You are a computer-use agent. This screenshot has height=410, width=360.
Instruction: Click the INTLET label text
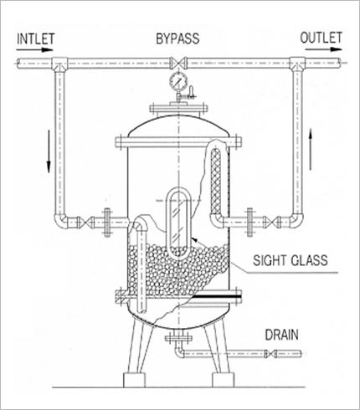pos(35,39)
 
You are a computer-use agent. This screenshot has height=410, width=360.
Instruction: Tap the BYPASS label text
pos(177,38)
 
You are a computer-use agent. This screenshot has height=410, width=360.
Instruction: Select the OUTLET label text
pos(321,38)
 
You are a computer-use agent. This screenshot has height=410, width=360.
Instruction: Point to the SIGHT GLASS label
pos(291,260)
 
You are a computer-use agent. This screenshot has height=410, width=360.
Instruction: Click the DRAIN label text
pos(281,335)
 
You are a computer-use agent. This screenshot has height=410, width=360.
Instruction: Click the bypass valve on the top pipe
pos(178,63)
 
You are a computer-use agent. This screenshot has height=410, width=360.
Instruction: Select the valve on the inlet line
pos(85,223)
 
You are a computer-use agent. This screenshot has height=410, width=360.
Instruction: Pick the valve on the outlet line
pos(270,222)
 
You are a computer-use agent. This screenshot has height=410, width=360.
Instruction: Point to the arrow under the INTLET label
pos(34,50)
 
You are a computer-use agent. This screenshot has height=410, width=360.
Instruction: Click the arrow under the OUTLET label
pos(324,49)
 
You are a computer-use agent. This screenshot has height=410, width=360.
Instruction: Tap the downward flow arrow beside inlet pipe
pos(49,151)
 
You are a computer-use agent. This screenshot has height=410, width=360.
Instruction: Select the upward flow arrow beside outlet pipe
pos(311,150)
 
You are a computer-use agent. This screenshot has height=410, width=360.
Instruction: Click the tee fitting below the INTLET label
pos(59,64)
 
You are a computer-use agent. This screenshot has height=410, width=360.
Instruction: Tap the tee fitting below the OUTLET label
pos(297,64)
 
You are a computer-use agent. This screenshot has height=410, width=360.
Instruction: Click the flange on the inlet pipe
pos(107,223)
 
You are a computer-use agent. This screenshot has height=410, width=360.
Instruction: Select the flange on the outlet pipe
pos(250,222)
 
